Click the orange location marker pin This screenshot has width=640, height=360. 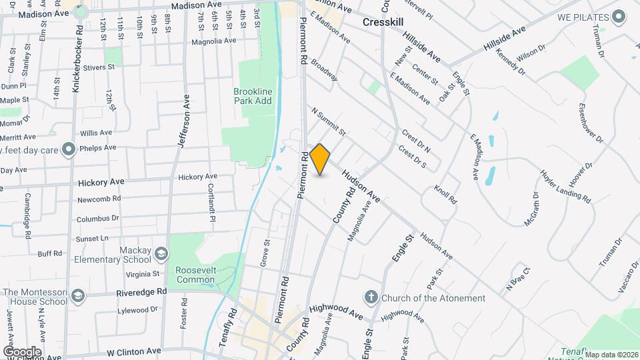pos(320,159)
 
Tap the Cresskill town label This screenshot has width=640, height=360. pos(385,22)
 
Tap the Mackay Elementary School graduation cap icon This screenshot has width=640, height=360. pos(161,254)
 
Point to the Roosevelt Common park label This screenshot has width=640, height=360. pos(195,275)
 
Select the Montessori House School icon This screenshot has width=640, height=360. pos(78,296)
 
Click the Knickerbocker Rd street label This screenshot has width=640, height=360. pos(79,60)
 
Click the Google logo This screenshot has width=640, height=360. pos(22,351)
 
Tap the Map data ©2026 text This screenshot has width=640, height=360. pos(611,355)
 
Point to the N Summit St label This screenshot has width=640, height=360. pos(328,121)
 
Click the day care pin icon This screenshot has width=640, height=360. pos(68,149)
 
